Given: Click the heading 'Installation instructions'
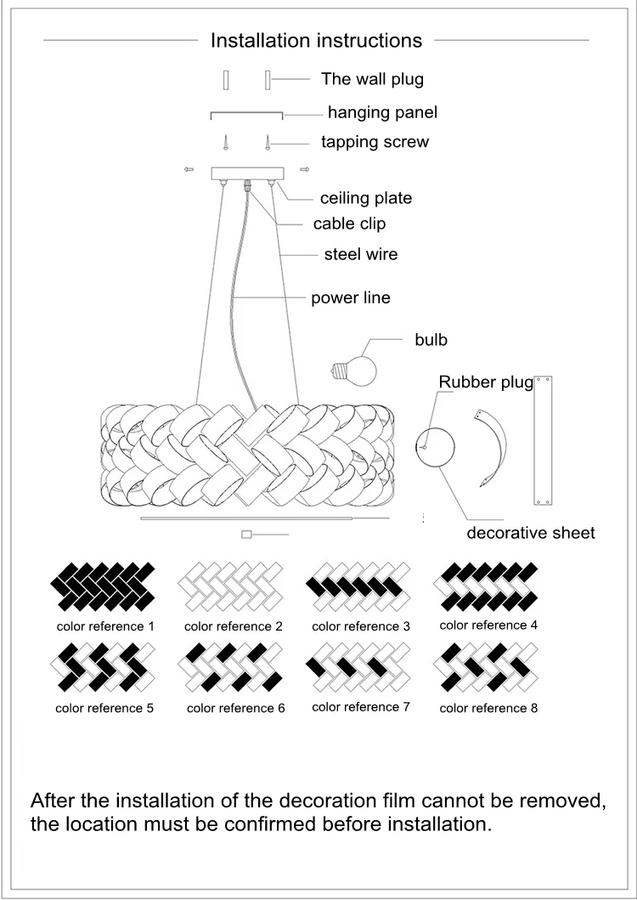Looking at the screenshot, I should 316,40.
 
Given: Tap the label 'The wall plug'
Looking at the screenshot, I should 372,79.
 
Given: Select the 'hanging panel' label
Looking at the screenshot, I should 382,112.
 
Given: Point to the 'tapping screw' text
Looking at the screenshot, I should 375,142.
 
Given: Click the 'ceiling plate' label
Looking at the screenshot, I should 365,198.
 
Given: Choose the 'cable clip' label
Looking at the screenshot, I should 349,224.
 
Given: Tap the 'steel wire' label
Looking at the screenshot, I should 360,254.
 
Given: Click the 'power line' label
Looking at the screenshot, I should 350,298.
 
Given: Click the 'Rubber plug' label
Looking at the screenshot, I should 485,382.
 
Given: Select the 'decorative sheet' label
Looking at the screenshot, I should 531,533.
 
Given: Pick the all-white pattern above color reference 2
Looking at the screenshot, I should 233,586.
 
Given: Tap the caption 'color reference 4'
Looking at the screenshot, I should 488,625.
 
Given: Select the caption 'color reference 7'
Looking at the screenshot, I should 361,707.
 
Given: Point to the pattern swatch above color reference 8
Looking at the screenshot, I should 488,667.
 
